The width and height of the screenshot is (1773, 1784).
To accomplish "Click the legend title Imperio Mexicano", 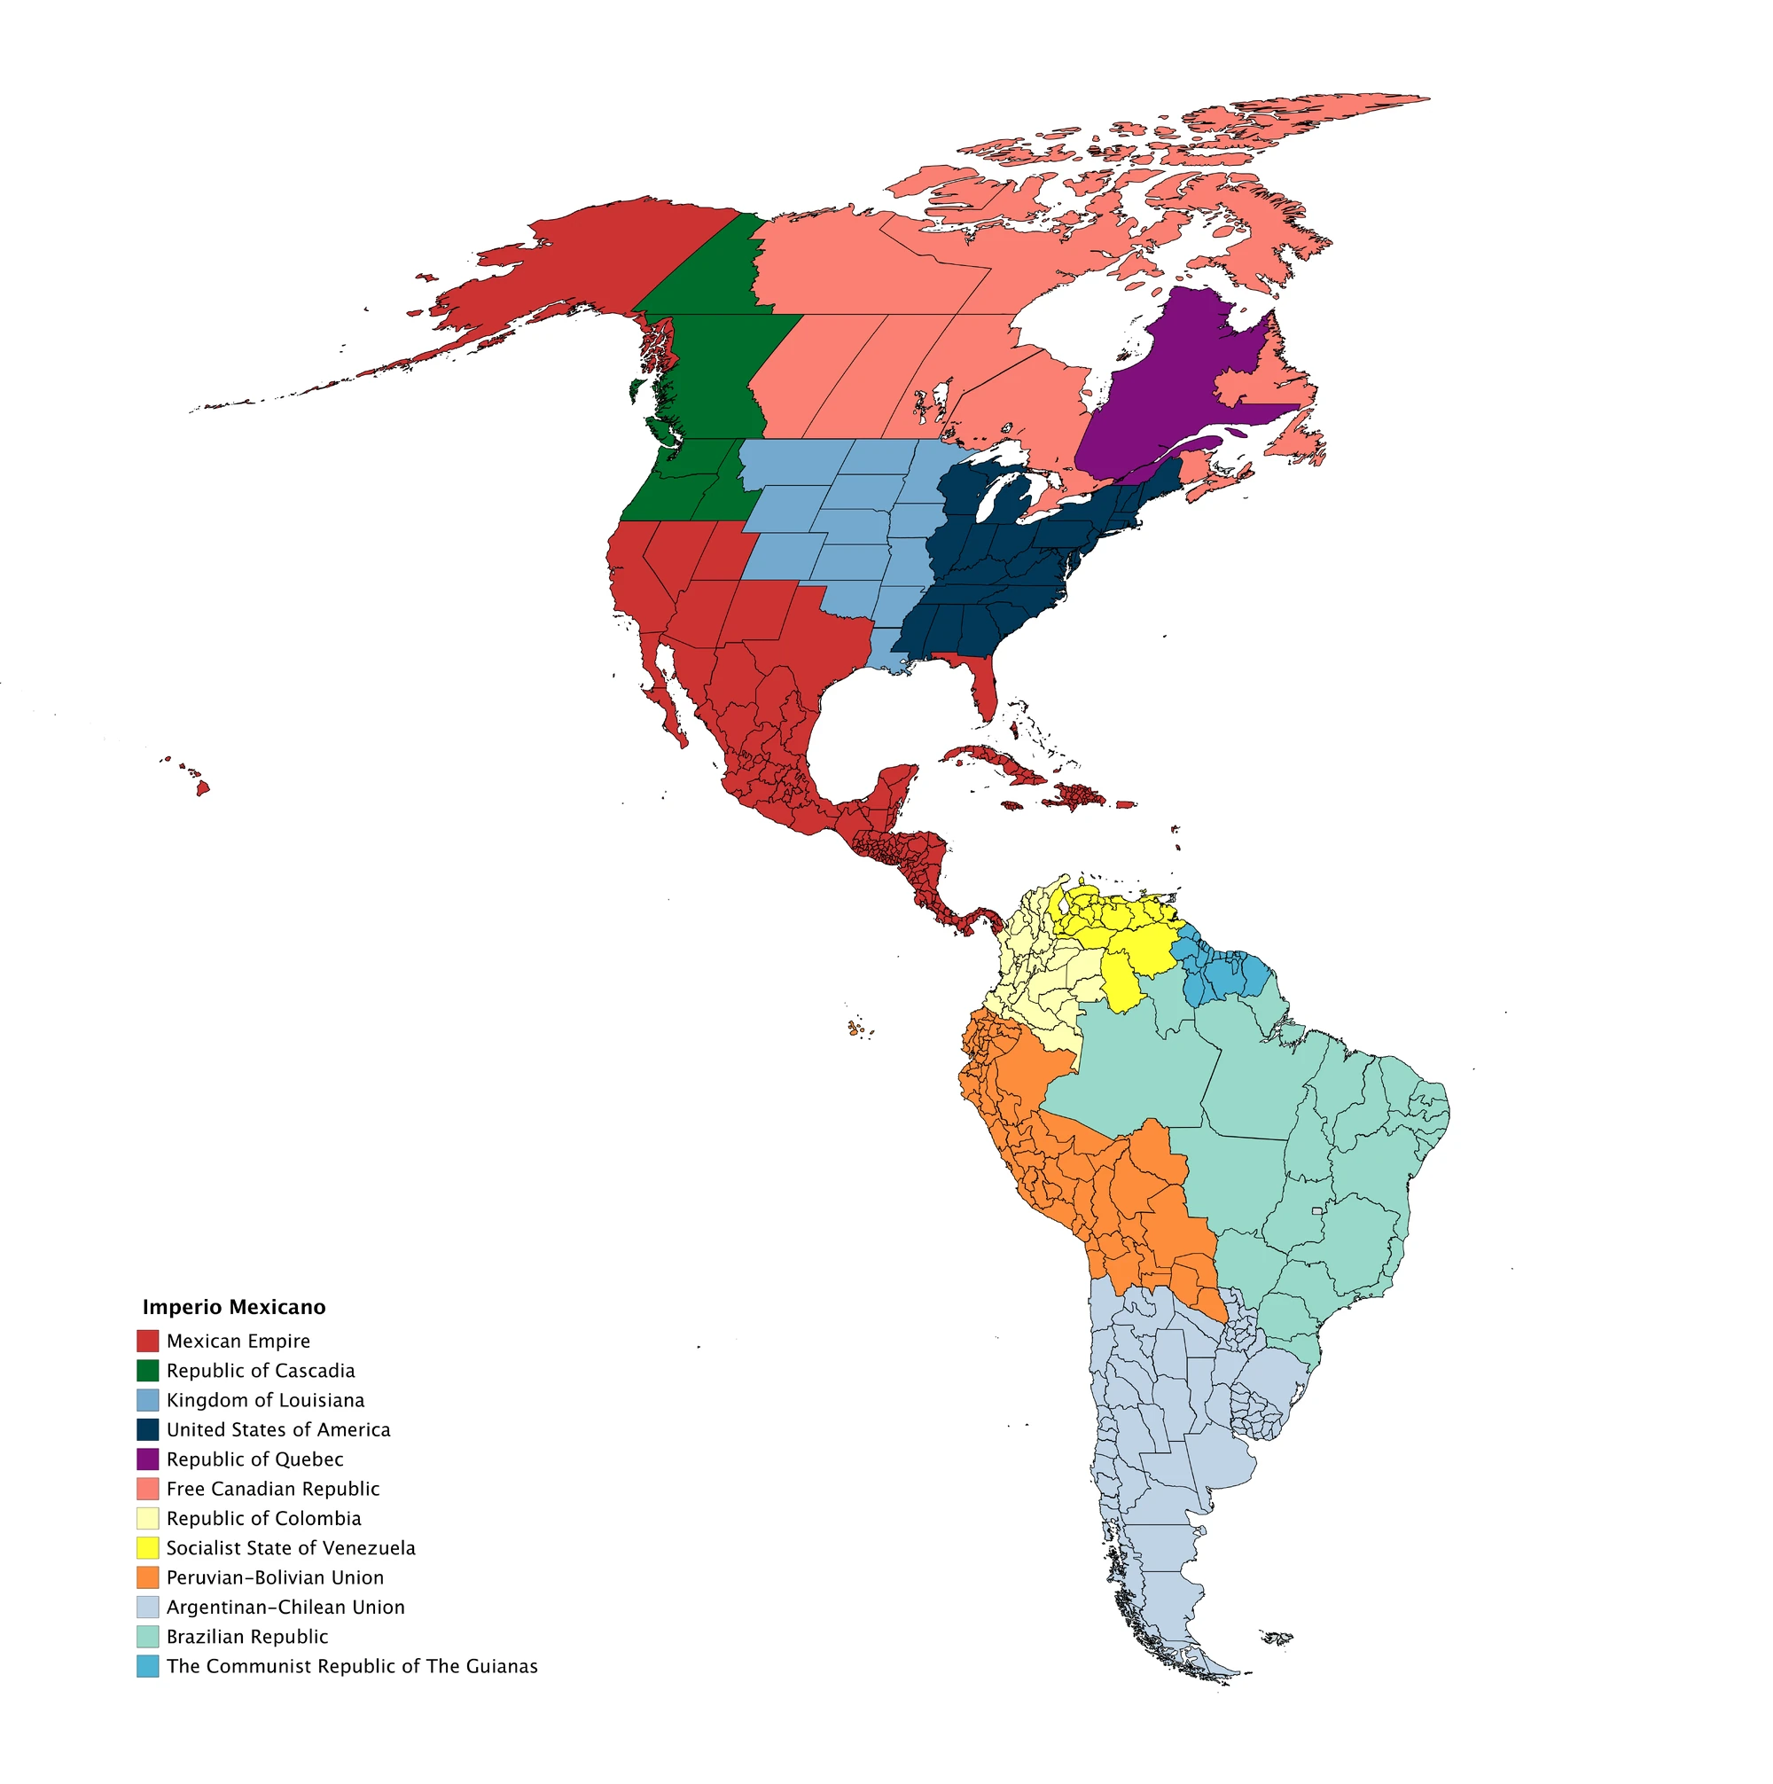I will pos(234,1308).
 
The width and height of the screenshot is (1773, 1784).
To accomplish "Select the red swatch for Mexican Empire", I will pos(148,1341).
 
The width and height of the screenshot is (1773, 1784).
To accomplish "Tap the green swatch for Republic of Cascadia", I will pos(148,1370).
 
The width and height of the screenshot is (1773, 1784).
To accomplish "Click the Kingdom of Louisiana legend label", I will pos(265,1400).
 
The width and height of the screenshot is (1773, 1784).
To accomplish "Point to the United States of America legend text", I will pos(278,1429).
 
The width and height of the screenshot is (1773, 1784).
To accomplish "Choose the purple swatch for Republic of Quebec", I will pos(148,1459).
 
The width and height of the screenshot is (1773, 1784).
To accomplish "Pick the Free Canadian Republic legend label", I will pos(272,1489).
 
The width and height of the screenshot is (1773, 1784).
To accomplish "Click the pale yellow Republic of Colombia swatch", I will pos(148,1518).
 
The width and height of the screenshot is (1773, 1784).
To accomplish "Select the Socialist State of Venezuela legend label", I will pos(291,1547).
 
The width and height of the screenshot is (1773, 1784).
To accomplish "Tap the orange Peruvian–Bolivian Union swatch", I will pos(148,1577).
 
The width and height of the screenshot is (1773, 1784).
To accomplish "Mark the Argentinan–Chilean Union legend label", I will pos(285,1607).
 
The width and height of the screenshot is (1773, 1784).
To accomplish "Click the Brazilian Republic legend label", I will pos(246,1636).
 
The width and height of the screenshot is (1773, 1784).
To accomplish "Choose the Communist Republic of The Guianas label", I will pos(352,1666).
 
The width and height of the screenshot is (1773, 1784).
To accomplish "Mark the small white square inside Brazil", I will pos(1316,1210).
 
